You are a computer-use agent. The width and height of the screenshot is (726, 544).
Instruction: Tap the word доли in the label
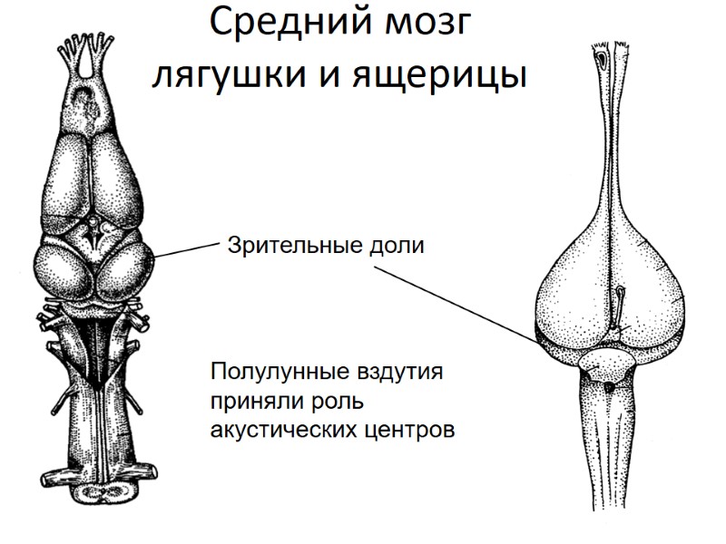[x=395, y=244]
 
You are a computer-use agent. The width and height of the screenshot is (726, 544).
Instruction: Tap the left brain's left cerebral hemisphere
[x=65, y=177]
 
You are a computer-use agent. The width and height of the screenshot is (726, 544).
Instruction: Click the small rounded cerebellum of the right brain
[x=610, y=367]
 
